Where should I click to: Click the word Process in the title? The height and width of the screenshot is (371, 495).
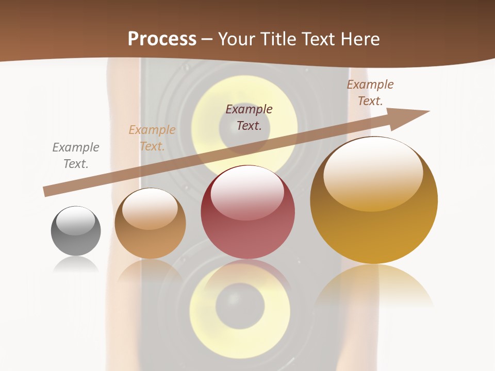pos(162,39)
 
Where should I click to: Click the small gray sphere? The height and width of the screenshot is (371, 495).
pos(76,231)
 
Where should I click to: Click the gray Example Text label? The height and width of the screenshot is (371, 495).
pos(76,156)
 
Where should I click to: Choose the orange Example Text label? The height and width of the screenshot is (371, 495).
pos(152,138)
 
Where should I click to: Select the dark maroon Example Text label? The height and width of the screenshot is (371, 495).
pos(249,117)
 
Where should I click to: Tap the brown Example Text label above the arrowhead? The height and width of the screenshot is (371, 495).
pos(370,93)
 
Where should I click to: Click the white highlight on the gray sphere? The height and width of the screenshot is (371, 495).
pos(76,221)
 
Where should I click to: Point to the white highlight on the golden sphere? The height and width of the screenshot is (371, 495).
pos(373,174)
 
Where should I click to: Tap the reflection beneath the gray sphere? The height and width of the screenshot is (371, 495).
pos(76,264)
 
